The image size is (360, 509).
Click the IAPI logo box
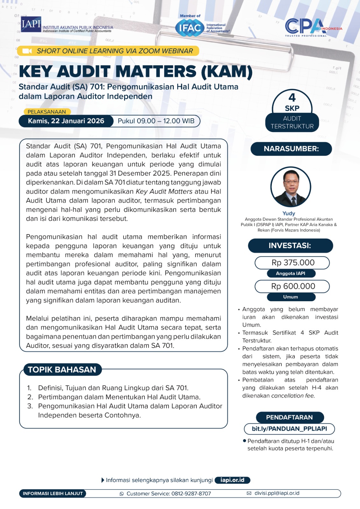pyautogui.click(x=31, y=24)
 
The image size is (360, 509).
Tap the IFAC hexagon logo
pyautogui.click(x=190, y=28)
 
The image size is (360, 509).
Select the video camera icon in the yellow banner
pyautogui.click(x=27, y=51)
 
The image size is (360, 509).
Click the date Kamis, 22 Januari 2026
pyautogui.click(x=66, y=121)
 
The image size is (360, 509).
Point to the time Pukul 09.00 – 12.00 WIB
pyautogui.click(x=156, y=121)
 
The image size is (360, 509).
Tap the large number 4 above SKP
pyautogui.click(x=292, y=97)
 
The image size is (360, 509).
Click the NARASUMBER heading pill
pyautogui.click(x=291, y=149)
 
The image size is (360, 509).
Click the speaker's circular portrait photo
pyautogui.click(x=291, y=187)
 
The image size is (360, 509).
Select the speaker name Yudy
pyautogui.click(x=289, y=213)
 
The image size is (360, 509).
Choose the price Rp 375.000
pyautogui.click(x=293, y=262)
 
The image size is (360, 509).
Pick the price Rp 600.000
pyautogui.click(x=293, y=286)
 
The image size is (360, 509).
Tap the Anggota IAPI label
pyautogui.click(x=291, y=273)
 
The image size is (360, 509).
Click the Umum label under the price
pyautogui.click(x=291, y=297)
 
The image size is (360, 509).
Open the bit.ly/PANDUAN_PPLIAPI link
pyautogui.click(x=289, y=429)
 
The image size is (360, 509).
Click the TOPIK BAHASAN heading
pyautogui.click(x=62, y=369)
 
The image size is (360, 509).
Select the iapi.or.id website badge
pyautogui.click(x=232, y=480)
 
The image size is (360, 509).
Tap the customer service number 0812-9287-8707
pyautogui.click(x=191, y=493)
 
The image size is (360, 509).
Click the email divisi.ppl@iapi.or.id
pyautogui.click(x=277, y=493)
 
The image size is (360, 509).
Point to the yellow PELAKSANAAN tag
pyautogui.click(x=47, y=112)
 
